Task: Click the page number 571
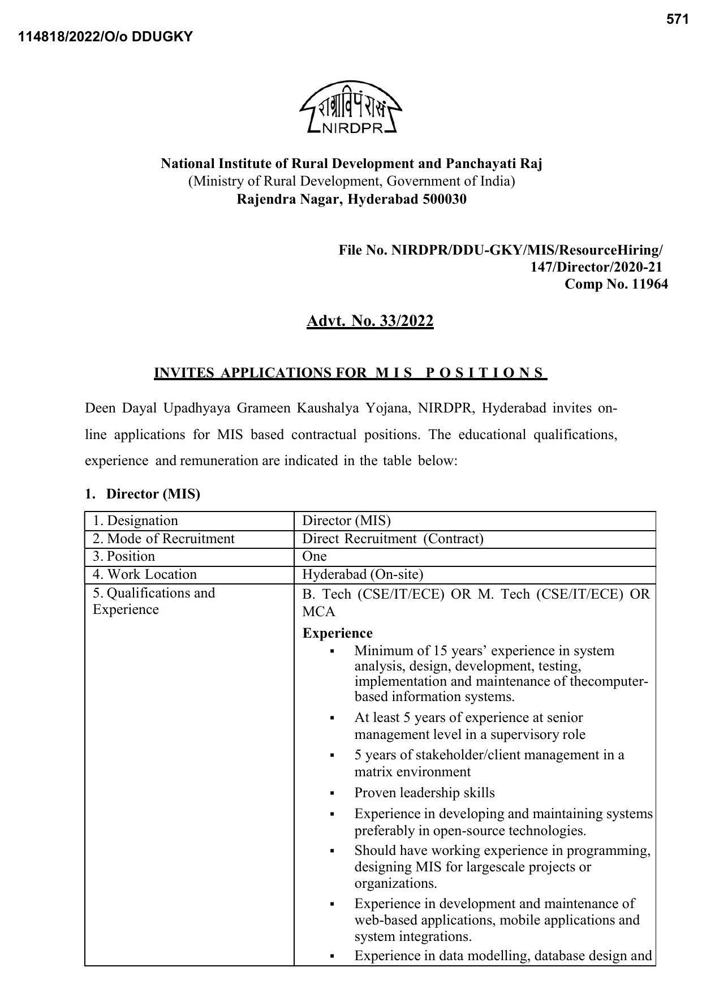click(677, 19)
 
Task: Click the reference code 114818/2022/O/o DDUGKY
click(105, 37)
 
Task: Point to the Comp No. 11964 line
click(615, 284)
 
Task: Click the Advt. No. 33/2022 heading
click(370, 321)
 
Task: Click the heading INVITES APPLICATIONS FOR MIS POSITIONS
click(350, 373)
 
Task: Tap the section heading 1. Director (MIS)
click(143, 494)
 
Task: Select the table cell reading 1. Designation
click(135, 521)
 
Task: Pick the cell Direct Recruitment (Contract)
click(393, 539)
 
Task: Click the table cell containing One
click(315, 556)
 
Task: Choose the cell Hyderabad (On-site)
click(363, 574)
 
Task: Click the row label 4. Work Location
click(145, 574)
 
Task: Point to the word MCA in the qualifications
click(318, 612)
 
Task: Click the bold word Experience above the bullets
click(337, 633)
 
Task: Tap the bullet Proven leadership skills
click(424, 793)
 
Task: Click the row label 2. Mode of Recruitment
click(163, 539)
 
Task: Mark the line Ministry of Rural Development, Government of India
click(351, 181)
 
